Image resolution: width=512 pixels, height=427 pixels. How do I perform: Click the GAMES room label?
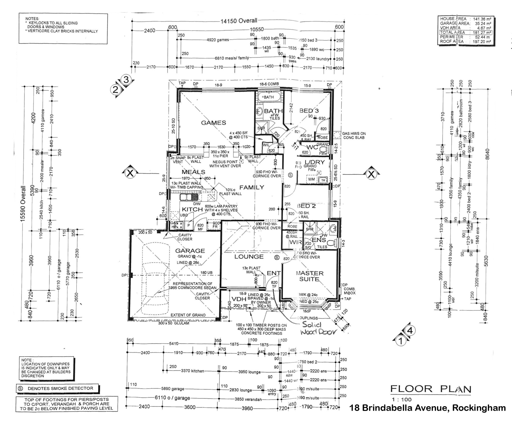click(x=213, y=123)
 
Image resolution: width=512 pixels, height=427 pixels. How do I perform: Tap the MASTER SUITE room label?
click(x=309, y=276)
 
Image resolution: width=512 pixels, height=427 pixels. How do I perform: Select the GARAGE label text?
click(x=190, y=251)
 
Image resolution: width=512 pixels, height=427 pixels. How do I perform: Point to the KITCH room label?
click(x=192, y=209)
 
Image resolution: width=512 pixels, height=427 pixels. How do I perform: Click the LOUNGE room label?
click(x=249, y=257)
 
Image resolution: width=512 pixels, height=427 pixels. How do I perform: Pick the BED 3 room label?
click(x=309, y=111)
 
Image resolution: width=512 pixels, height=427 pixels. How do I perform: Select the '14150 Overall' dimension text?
click(x=239, y=21)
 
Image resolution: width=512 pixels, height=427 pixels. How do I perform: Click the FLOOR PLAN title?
click(x=431, y=389)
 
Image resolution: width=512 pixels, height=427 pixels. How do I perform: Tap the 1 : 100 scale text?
click(x=401, y=400)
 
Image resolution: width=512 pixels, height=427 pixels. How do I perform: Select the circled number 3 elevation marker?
click(x=126, y=80)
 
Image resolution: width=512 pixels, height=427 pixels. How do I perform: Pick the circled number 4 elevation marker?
click(x=410, y=331)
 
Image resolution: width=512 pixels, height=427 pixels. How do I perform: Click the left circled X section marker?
click(x=130, y=173)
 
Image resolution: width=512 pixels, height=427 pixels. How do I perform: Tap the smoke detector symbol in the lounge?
click(x=277, y=258)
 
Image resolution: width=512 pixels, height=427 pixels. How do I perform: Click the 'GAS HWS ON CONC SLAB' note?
click(x=354, y=136)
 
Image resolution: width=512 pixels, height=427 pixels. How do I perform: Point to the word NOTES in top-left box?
click(x=32, y=19)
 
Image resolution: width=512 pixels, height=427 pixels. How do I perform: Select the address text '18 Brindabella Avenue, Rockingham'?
click(x=427, y=408)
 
